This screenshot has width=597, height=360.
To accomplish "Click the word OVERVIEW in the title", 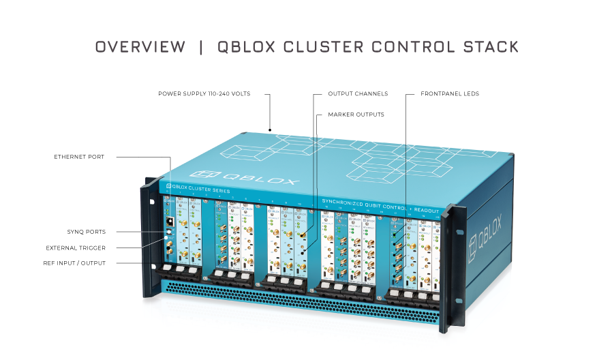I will (x=140, y=47).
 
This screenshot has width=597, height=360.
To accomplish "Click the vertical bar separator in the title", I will (x=201, y=47).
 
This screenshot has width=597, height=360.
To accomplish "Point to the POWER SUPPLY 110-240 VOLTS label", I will (x=204, y=94).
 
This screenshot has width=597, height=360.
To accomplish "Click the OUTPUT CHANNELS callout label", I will (x=358, y=94).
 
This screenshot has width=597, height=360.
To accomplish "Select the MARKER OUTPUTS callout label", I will (x=356, y=115).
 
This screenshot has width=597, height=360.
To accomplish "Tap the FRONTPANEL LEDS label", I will (x=450, y=94).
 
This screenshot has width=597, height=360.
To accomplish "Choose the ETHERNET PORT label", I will (x=79, y=157).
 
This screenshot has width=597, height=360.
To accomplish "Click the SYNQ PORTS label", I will (x=86, y=232).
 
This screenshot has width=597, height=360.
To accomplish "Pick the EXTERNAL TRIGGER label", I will (x=76, y=247).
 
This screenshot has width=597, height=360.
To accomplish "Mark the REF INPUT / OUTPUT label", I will (x=76, y=263).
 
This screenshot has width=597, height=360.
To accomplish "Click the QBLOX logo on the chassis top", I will (x=245, y=178).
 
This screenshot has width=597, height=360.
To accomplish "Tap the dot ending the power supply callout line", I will (x=271, y=129).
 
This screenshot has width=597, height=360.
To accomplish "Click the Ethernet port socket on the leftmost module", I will (x=168, y=221).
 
